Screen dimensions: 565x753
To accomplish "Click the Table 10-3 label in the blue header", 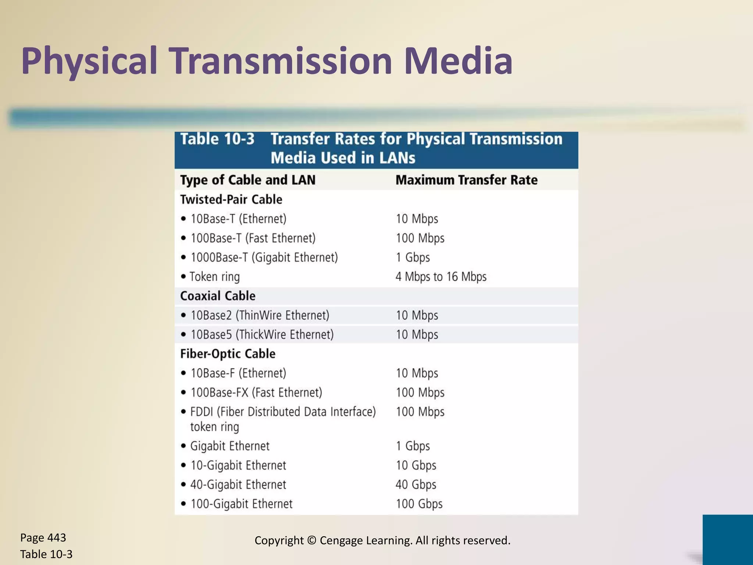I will coord(217,139).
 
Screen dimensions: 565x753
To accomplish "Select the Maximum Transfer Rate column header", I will coord(466,180).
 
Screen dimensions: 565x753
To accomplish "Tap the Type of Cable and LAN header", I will coord(248,180).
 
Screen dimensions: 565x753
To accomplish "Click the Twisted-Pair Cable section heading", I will coord(231,199).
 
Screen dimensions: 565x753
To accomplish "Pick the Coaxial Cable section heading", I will coord(218,296).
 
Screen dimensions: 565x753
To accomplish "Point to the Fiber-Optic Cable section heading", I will coord(228,353).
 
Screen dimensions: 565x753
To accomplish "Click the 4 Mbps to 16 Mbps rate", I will coord(441,277).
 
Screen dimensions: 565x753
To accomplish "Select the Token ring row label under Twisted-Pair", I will coord(215,277).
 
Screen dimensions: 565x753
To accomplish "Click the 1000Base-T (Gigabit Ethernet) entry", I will coord(264,257).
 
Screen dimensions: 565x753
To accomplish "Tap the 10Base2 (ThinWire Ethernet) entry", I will coord(260,315).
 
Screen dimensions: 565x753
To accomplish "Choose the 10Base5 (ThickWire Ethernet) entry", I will coord(262,334).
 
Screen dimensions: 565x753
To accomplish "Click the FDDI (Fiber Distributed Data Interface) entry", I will coord(283,412).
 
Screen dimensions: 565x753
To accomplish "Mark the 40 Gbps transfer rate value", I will coord(416,484).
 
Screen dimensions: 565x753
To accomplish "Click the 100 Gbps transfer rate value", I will coord(419,504).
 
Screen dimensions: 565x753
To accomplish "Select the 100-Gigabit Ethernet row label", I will coord(242,504).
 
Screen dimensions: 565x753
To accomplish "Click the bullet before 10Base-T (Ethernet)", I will coord(183,219).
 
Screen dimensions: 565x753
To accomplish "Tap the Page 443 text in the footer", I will coord(43,538).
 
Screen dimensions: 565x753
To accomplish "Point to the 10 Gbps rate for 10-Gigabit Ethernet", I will coord(416,465).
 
